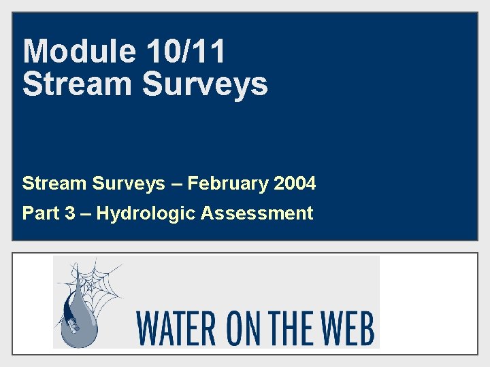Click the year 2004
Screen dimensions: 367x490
click(295, 183)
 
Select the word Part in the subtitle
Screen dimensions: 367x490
click(39, 213)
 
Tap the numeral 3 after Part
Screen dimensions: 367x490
click(69, 213)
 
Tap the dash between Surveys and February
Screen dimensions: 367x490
click(176, 184)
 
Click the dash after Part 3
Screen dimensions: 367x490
click(84, 214)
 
